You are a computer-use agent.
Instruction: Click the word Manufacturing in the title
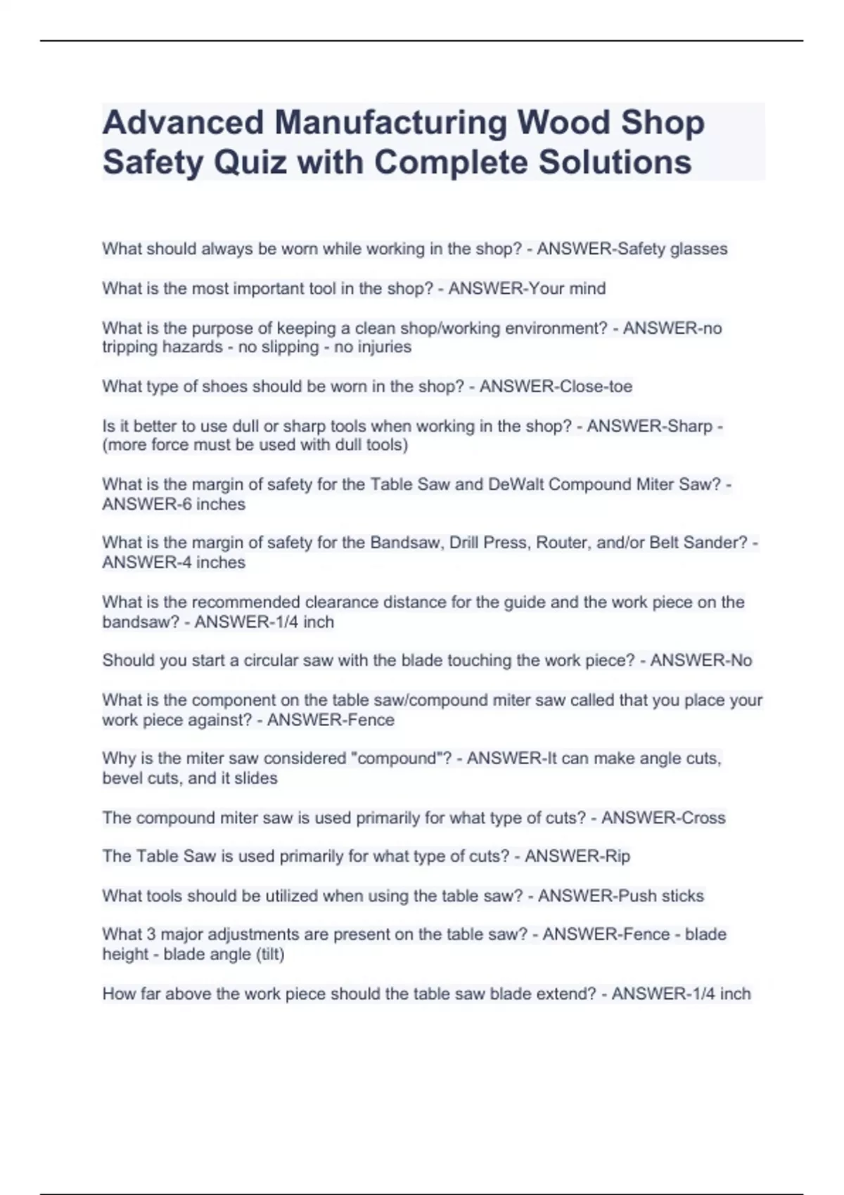pos(390,122)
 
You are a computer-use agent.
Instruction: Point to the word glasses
pos(698,249)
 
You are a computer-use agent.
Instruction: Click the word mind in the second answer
pos(587,288)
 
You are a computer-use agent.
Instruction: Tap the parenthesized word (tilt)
pos(269,954)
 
